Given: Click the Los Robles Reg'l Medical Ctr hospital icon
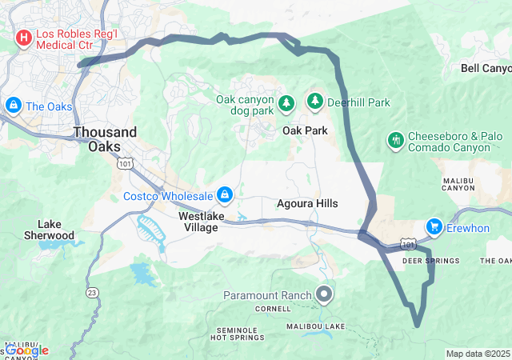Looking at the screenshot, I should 24,37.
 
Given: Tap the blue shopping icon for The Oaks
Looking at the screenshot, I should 13,106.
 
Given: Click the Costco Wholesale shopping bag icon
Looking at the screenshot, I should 226,195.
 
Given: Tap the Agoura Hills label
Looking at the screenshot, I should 306,204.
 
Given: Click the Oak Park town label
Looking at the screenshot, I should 305,130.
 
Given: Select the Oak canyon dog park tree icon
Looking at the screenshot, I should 287,103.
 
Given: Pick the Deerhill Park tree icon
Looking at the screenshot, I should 315,102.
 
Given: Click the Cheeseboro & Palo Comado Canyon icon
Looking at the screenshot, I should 394,141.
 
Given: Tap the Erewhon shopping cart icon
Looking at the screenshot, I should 434,227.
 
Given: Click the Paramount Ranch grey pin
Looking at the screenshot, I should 324,294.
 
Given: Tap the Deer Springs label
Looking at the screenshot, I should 430,262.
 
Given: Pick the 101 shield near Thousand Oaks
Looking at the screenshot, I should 124,163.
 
